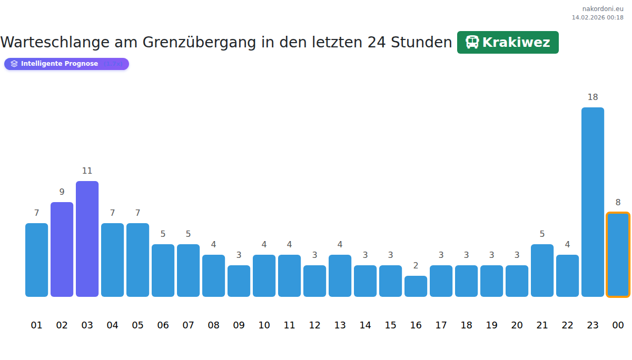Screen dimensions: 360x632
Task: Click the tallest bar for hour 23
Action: tap(592, 202)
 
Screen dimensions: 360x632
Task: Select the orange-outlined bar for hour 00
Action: tap(618, 255)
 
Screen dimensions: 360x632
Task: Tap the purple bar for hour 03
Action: tap(87, 239)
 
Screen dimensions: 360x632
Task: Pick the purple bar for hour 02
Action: tap(62, 249)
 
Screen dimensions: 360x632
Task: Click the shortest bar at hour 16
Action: tap(416, 286)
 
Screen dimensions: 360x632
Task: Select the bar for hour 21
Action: tap(542, 271)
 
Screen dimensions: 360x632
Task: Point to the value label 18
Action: tap(592, 97)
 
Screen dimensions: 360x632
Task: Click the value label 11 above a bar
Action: tap(87, 171)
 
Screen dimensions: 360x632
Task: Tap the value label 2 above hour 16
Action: tap(416, 266)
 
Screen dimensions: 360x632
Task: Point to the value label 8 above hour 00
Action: tap(618, 203)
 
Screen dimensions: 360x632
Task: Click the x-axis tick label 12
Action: tap(314, 325)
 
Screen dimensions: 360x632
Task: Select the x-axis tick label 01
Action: tap(36, 325)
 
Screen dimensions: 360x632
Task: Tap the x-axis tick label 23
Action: tap(592, 325)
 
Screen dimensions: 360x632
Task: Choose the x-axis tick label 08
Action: tap(213, 325)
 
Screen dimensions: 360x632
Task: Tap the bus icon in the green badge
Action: tap(472, 43)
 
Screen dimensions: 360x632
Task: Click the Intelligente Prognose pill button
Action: tap(66, 64)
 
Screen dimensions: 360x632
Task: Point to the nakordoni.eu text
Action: tap(603, 9)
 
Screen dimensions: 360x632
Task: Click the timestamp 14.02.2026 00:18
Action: tap(597, 17)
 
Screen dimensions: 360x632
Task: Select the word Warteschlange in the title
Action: tap(52, 43)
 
